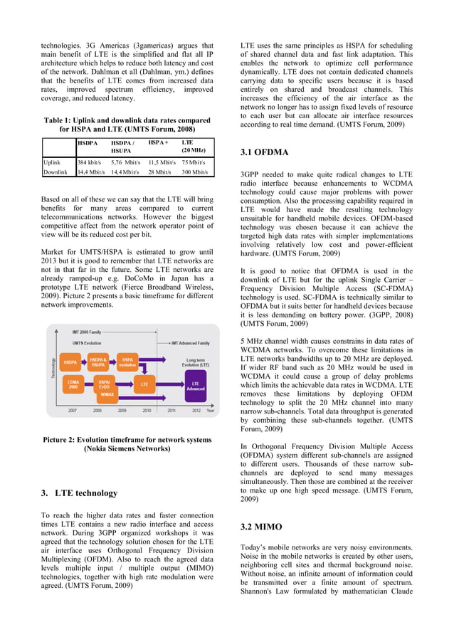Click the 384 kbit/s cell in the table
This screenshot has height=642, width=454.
91,162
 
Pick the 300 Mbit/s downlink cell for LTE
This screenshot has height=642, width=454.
194,172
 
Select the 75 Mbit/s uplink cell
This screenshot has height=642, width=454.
194,162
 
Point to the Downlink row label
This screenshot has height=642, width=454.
56,172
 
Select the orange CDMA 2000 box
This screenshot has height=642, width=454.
73,384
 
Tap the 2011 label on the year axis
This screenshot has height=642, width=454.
171,411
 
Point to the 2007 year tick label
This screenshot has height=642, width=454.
73,411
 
